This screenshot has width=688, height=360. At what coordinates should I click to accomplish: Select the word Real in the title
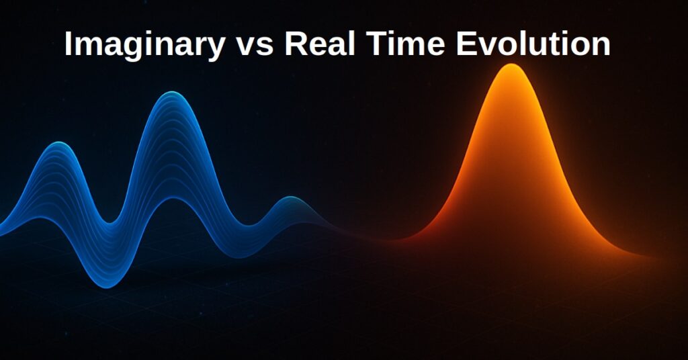pos(319,44)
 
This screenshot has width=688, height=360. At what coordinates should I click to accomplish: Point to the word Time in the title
pos(405,44)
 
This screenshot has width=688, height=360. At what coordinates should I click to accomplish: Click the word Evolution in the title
pos(533,44)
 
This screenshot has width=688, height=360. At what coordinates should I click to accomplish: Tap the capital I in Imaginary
pos(68,44)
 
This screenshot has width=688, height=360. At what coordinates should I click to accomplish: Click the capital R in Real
pos(296,44)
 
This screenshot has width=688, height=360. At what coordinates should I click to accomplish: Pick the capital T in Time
pos(376,44)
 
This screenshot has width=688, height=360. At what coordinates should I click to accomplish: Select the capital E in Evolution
pos(466,44)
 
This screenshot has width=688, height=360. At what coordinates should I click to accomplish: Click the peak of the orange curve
pos(511,65)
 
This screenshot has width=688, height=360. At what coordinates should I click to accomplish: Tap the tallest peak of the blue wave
pos(172,93)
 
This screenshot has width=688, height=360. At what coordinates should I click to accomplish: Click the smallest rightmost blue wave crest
pos(292,198)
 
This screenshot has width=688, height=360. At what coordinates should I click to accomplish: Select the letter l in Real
pos(351,44)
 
